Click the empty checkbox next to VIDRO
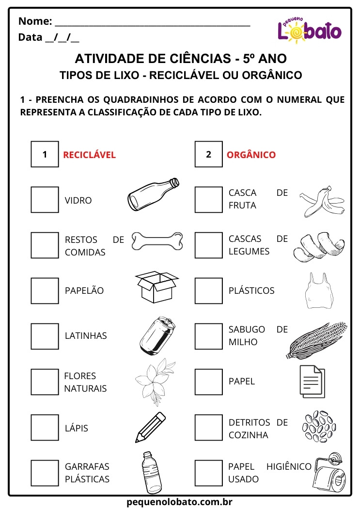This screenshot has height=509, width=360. click(45, 200)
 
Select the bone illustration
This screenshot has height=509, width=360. click(158, 240)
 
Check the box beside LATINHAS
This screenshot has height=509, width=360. click(45, 336)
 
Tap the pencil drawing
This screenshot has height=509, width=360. click(151, 427)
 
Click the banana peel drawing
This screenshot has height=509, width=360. click(322, 202)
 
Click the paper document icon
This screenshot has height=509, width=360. click(312, 381)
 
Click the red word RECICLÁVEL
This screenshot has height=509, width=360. click(89, 155)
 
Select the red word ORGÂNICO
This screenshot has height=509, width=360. click(251, 155)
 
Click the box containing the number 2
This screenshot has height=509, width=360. click(208, 155)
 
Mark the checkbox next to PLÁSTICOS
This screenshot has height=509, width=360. click(208, 290)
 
